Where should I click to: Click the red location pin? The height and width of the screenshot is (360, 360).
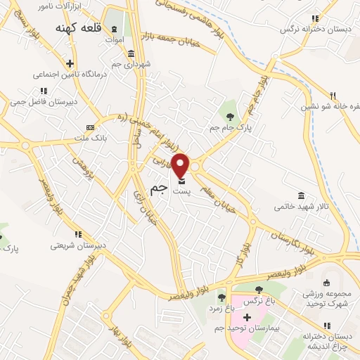(181, 165)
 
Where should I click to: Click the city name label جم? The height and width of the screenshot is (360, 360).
(159, 189)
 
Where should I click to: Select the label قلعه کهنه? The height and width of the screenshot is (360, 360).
(78, 27)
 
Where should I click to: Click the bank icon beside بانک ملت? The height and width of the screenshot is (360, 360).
(89, 127)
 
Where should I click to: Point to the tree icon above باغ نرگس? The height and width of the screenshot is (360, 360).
(259, 289)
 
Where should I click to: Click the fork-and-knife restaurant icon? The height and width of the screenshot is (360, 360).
(334, 96)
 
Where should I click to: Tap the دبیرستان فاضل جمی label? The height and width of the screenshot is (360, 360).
(42, 101)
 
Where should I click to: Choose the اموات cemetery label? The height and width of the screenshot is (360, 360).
(114, 41)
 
